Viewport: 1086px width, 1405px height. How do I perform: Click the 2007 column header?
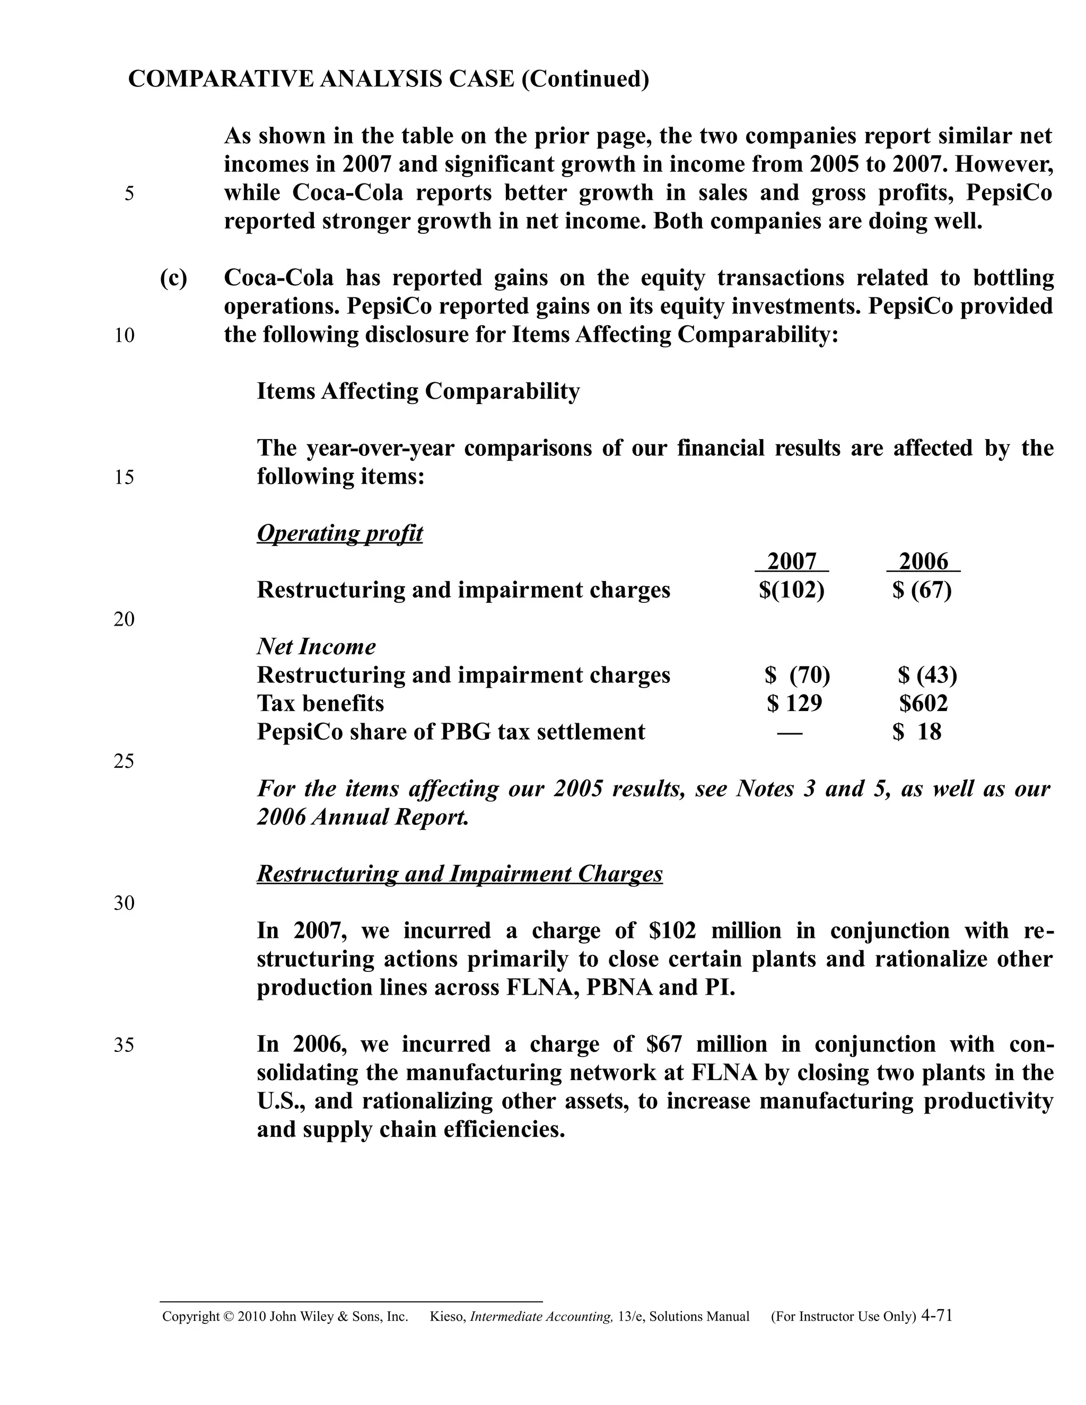(x=791, y=561)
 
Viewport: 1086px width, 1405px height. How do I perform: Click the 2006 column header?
(x=923, y=561)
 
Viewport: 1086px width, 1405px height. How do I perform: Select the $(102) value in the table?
(x=791, y=590)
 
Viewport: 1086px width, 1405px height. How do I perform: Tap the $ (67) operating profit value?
(x=922, y=590)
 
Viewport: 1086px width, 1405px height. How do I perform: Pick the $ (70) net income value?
(x=797, y=675)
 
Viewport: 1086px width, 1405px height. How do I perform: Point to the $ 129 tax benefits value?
(x=794, y=703)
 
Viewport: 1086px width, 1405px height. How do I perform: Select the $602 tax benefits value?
(x=923, y=703)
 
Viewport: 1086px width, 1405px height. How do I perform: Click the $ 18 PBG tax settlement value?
(x=917, y=732)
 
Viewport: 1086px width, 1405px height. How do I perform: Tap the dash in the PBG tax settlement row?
(x=790, y=732)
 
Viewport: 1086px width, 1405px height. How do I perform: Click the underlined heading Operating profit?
(x=340, y=533)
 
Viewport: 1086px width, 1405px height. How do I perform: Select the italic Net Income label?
(x=316, y=646)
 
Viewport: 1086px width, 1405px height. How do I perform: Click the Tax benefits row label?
(x=320, y=703)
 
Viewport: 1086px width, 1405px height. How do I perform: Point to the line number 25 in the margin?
(x=124, y=761)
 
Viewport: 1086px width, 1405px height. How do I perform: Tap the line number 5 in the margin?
(x=129, y=194)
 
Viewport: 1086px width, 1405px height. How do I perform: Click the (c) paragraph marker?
(x=174, y=278)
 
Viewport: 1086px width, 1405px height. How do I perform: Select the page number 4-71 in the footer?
(x=937, y=1315)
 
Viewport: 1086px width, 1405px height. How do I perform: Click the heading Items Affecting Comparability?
(x=418, y=391)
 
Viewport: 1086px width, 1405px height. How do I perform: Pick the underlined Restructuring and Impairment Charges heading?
(x=459, y=874)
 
